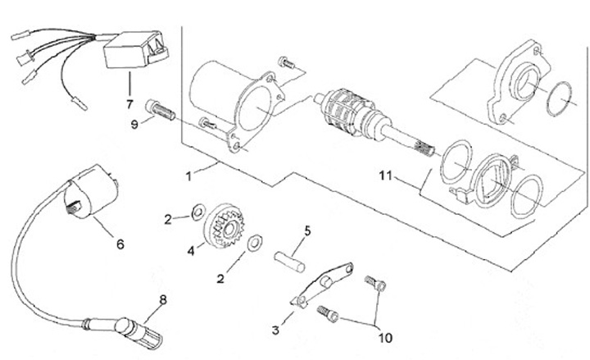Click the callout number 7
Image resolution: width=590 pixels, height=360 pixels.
[129, 104]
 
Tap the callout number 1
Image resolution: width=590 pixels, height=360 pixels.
[188, 175]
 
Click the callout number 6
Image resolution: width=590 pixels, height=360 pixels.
[120, 244]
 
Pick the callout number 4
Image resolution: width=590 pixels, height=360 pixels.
[191, 249]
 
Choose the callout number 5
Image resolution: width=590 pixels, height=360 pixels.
[308, 230]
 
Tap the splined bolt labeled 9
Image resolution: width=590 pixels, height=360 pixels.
[159, 107]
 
